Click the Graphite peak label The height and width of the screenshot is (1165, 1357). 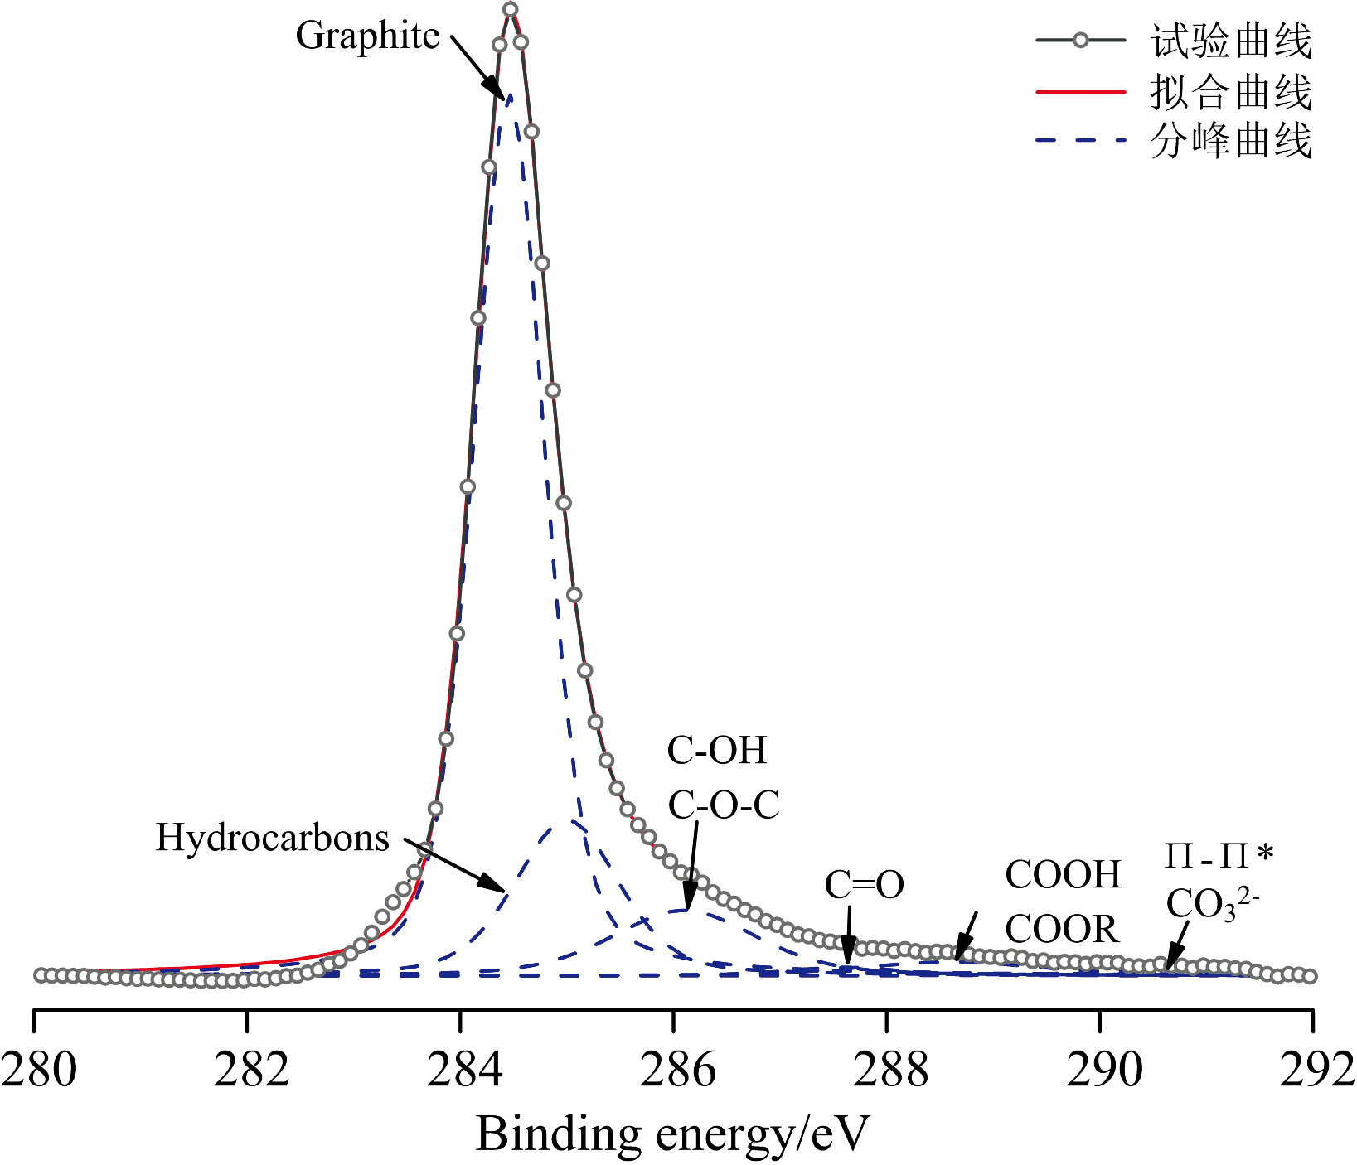(367, 36)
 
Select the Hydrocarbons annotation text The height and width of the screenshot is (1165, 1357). (273, 838)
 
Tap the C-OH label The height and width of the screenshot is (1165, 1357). (717, 751)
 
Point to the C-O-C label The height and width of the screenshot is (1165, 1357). (724, 805)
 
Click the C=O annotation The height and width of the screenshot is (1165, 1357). (864, 885)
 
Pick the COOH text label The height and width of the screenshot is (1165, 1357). (1063, 875)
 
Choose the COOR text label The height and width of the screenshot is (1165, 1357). (1062, 929)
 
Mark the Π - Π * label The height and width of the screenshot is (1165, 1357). (1219, 856)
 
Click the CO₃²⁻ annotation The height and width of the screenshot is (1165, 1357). (1212, 906)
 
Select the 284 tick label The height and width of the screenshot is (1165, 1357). (464, 1070)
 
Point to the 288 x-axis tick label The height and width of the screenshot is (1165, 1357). (890, 1070)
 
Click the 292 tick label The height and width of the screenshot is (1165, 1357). (1317, 1070)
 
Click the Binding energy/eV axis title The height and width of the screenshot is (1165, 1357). (672, 1134)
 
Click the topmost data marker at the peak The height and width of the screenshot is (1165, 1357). (511, 10)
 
